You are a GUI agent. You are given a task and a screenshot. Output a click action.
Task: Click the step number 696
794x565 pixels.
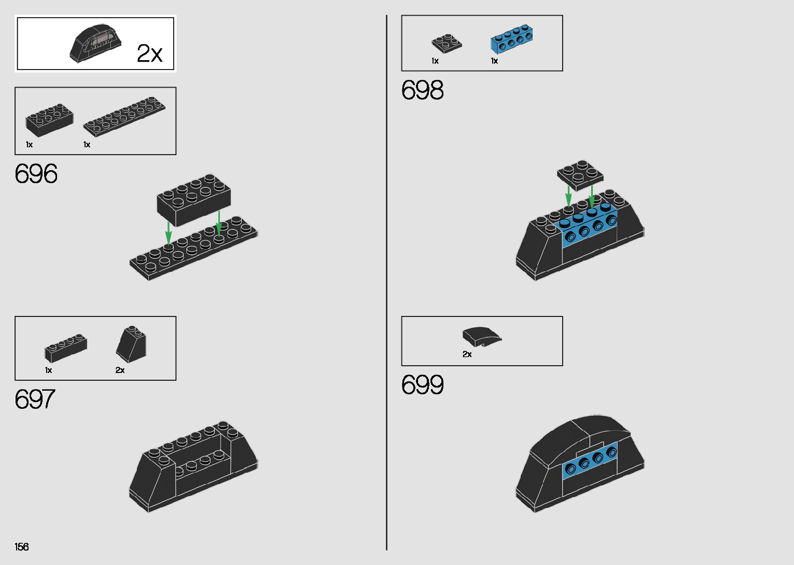click(x=36, y=174)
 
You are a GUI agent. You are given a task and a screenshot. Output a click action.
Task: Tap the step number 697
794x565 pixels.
click(x=35, y=399)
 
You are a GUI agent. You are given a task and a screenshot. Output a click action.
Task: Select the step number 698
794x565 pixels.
click(x=422, y=90)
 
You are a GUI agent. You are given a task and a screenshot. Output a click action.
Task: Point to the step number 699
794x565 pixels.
click(x=422, y=385)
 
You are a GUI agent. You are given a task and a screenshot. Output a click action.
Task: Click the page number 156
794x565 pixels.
click(x=22, y=547)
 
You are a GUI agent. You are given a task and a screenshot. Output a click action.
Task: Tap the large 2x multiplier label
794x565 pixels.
click(x=149, y=53)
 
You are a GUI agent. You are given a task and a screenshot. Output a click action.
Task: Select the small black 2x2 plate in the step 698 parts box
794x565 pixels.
click(x=446, y=43)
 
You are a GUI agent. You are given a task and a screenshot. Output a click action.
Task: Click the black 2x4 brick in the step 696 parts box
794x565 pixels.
click(x=49, y=120)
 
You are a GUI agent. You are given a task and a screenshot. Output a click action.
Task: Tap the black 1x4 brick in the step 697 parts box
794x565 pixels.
click(x=65, y=348)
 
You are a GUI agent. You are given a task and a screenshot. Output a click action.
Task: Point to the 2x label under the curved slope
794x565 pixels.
click(x=467, y=354)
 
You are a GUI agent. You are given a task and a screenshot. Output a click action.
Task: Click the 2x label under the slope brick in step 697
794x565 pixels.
click(x=120, y=370)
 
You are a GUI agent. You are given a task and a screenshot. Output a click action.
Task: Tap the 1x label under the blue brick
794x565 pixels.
click(x=494, y=61)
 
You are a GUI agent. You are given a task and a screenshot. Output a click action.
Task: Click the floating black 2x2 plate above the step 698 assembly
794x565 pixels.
click(x=580, y=174)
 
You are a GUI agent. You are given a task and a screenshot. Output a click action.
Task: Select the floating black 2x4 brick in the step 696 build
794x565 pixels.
click(x=193, y=200)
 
